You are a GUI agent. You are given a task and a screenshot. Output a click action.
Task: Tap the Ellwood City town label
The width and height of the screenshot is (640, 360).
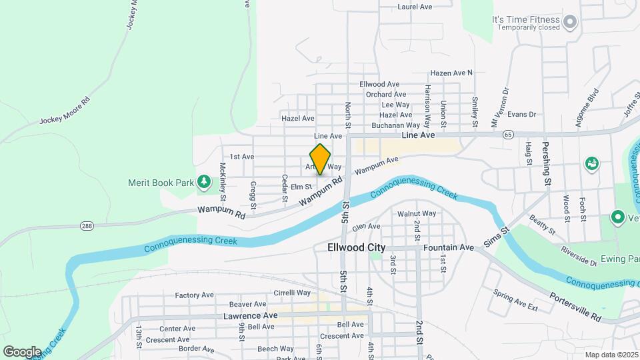(x=357, y=247)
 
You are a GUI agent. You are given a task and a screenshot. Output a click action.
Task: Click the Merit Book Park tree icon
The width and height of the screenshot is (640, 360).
(x=203, y=182)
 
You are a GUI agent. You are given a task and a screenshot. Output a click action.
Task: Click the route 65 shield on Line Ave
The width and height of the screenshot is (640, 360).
(x=509, y=135)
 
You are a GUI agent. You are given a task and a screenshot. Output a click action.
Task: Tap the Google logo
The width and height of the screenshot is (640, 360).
(x=22, y=351)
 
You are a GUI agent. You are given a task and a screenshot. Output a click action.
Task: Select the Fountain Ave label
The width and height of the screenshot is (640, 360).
(x=448, y=247)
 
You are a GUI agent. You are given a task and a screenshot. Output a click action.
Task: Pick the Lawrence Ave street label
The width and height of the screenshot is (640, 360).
(x=250, y=315)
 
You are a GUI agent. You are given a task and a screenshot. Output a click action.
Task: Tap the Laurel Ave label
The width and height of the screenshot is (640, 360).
(x=415, y=7)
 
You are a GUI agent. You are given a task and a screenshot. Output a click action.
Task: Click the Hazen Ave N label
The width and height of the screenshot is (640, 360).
(x=451, y=73)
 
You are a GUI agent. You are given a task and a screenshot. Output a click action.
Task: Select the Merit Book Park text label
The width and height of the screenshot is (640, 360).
(x=161, y=182)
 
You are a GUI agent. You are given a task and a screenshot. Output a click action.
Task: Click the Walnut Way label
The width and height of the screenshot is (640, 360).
(x=417, y=214)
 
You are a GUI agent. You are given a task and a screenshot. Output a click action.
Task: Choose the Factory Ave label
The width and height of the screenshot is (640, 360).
(x=194, y=295)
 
